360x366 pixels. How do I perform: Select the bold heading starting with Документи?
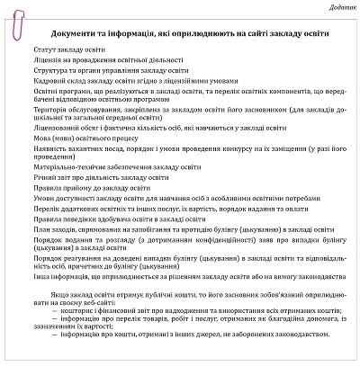click(x=188, y=33)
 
